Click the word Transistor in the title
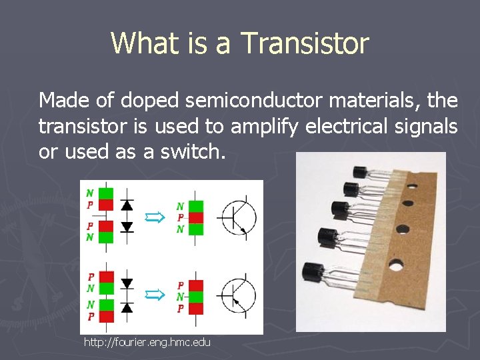click(305, 43)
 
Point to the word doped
click(151, 101)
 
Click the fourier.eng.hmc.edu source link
click(147, 342)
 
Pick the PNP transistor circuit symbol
click(237, 294)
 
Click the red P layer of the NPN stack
click(197, 217)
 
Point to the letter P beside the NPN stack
click(181, 217)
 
